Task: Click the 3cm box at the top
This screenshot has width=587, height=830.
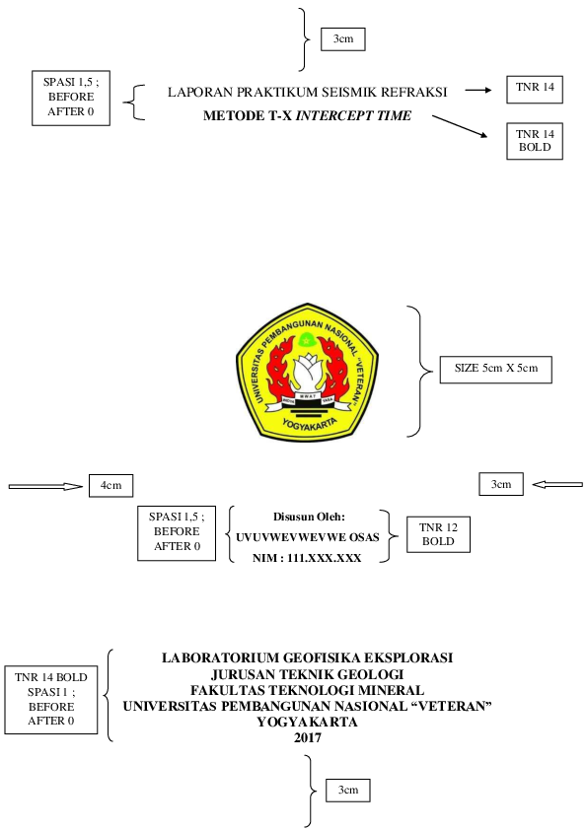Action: (342, 39)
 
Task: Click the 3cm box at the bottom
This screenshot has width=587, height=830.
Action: (347, 791)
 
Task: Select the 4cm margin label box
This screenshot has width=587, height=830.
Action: (110, 485)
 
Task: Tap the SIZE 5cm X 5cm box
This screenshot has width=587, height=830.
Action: (496, 369)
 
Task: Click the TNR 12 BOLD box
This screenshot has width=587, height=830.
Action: (438, 534)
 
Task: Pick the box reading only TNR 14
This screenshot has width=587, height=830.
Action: (535, 90)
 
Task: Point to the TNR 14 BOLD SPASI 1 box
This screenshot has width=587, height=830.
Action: (51, 700)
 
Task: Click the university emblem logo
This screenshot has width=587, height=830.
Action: (307, 373)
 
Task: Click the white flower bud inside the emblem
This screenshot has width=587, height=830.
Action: (308, 371)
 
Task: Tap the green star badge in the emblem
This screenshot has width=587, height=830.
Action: (307, 340)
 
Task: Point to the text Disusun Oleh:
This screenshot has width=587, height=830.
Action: (309, 517)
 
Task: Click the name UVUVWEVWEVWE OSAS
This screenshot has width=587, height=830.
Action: (307, 538)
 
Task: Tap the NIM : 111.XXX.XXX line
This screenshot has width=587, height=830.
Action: (307, 558)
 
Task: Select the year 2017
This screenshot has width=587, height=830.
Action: (307, 737)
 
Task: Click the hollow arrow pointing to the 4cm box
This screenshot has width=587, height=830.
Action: (45, 486)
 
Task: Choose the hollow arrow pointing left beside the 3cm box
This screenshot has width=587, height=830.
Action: (557, 484)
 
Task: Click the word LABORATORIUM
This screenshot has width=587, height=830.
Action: (220, 657)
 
